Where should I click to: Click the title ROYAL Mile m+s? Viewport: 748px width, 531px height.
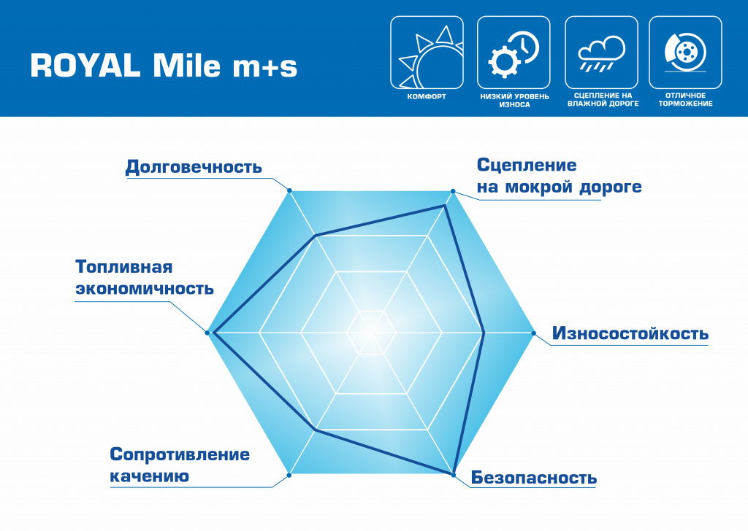(164, 66)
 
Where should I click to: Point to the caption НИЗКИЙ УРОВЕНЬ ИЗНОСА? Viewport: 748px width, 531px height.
(514, 100)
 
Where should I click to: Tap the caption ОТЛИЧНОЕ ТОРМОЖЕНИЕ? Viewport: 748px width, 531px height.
(685, 100)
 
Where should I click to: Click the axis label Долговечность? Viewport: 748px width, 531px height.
(194, 167)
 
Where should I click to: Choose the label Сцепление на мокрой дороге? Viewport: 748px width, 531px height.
(559, 176)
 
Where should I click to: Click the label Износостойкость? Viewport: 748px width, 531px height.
(630, 334)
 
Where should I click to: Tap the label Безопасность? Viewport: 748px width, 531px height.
(534, 478)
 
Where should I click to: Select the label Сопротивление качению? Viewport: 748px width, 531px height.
(180, 465)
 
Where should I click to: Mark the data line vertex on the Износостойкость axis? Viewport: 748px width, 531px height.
(485, 333)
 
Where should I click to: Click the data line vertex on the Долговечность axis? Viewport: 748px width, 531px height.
(316, 236)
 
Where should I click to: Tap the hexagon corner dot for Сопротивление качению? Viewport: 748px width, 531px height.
(289, 475)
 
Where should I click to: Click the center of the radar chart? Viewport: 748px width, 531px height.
(371, 333)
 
